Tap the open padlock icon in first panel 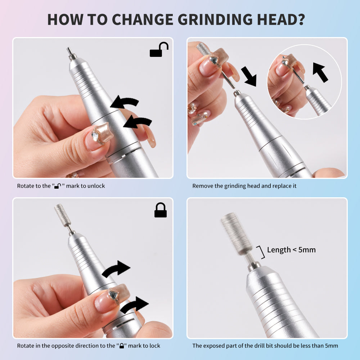159,50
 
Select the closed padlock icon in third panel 161,210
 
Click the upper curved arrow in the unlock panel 124,103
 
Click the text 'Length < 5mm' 291,250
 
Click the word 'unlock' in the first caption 96,186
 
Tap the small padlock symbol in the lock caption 122,346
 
